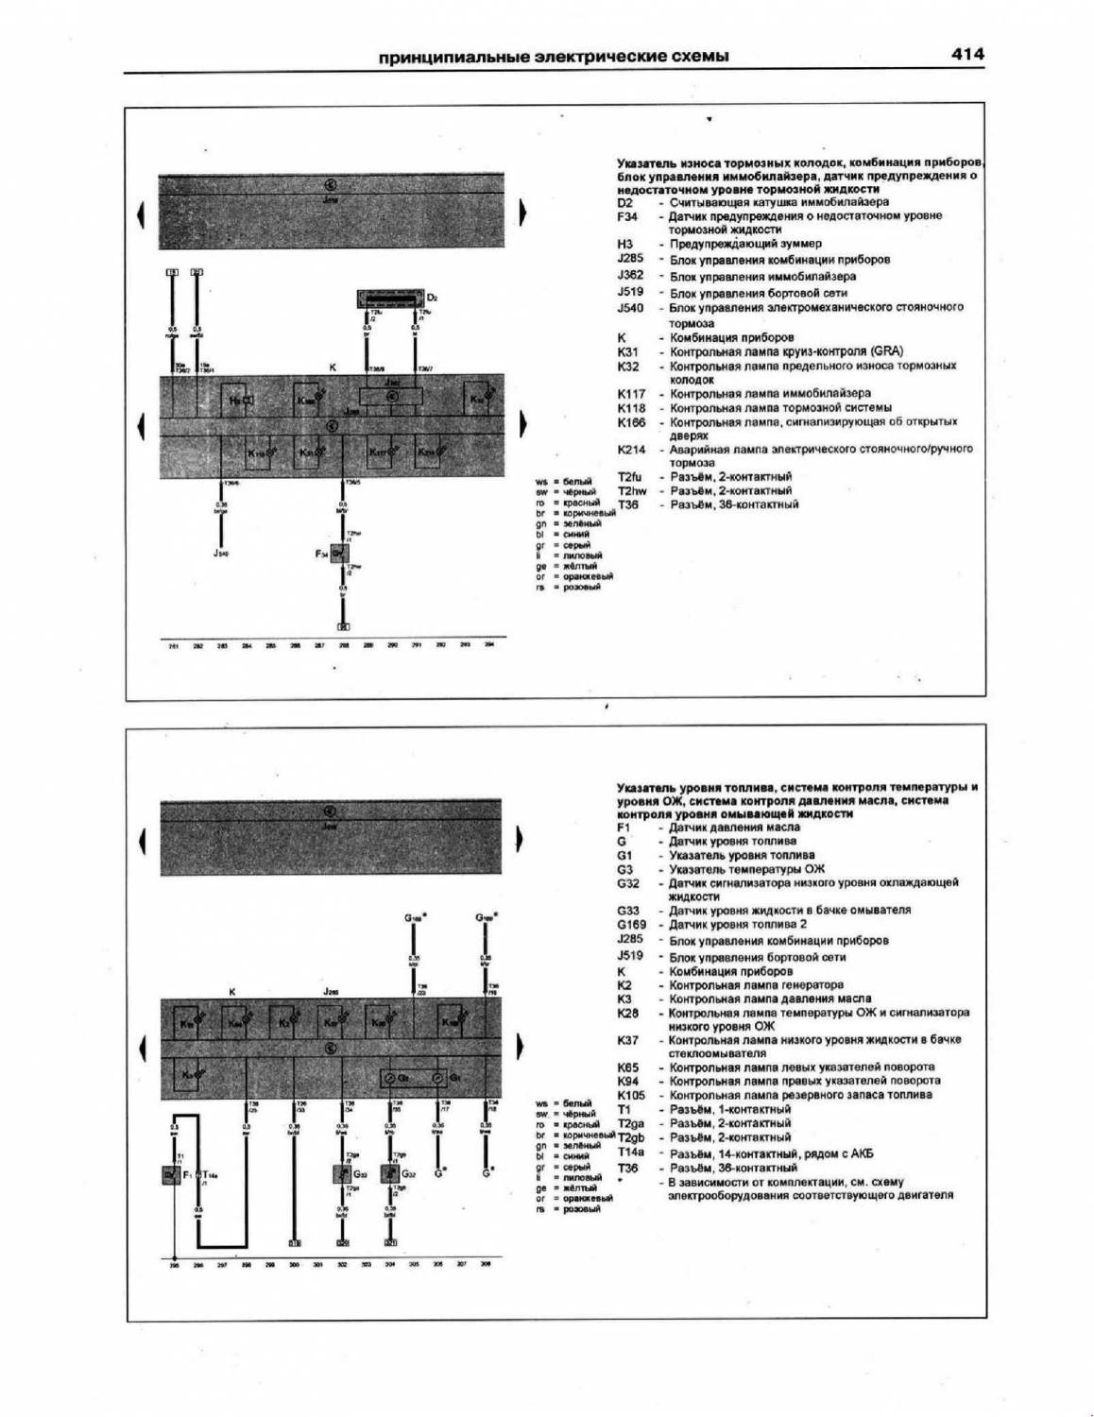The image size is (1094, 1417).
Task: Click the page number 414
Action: tap(966, 55)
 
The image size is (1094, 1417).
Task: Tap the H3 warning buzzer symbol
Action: tap(243, 401)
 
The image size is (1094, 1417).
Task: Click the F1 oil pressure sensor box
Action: tap(170, 1174)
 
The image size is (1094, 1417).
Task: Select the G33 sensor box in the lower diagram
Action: tap(342, 1174)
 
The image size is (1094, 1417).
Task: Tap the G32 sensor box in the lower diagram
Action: tap(389, 1174)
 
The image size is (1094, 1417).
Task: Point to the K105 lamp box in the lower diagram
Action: tap(454, 1022)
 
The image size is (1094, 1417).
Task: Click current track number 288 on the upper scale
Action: tap(344, 645)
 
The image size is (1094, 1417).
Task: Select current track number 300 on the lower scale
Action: tap(294, 1265)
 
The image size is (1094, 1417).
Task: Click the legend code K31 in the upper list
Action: tap(628, 351)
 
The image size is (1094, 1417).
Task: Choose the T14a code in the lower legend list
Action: tap(630, 1153)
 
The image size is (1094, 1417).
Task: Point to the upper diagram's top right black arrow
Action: tap(521, 215)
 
